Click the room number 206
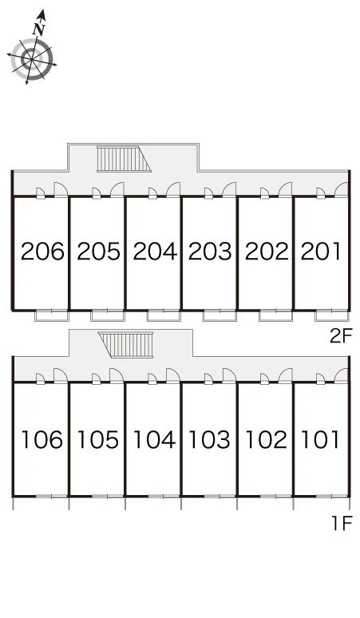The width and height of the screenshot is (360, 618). [x=42, y=252]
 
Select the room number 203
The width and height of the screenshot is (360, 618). [x=210, y=252]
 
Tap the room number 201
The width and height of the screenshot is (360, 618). [x=321, y=252]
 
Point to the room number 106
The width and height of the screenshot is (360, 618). [x=42, y=440]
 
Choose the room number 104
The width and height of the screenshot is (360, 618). [x=154, y=440]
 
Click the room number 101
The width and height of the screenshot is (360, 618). [x=320, y=440]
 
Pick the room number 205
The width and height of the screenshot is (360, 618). [x=98, y=252]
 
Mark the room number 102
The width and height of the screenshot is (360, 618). [x=266, y=440]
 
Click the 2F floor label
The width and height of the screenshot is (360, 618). [x=341, y=336]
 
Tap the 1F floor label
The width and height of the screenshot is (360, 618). [x=342, y=524]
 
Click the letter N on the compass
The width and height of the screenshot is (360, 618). [x=38, y=29]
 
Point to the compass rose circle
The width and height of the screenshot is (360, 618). [x=32, y=59]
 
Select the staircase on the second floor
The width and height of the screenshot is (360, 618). [x=124, y=159]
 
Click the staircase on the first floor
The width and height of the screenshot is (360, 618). [x=125, y=345]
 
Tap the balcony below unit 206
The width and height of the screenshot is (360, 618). [x=52, y=315]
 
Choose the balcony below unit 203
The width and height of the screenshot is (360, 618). [x=220, y=315]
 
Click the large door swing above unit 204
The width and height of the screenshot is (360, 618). [x=173, y=189]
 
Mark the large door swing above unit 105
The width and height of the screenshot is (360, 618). [x=117, y=375]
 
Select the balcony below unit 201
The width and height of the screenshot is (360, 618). [x=332, y=315]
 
